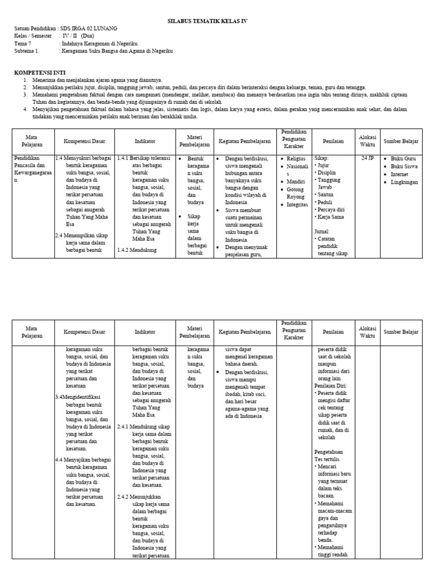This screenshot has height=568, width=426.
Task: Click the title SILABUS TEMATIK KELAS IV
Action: click(x=207, y=21)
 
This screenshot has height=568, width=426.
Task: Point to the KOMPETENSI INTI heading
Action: click(x=37, y=72)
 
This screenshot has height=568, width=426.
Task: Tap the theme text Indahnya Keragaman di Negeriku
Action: click(x=100, y=43)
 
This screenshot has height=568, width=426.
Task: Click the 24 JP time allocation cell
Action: click(x=368, y=158)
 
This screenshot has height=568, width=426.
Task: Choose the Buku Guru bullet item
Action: click(x=403, y=159)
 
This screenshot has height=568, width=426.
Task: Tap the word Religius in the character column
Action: click(x=297, y=159)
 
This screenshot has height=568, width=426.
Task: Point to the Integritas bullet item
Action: click(x=298, y=205)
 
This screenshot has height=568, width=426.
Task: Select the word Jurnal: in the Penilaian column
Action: click(x=322, y=231)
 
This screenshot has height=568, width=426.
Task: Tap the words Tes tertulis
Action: click(x=327, y=460)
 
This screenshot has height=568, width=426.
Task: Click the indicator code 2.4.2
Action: click(x=125, y=496)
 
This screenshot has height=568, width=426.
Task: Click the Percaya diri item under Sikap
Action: click(x=331, y=210)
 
